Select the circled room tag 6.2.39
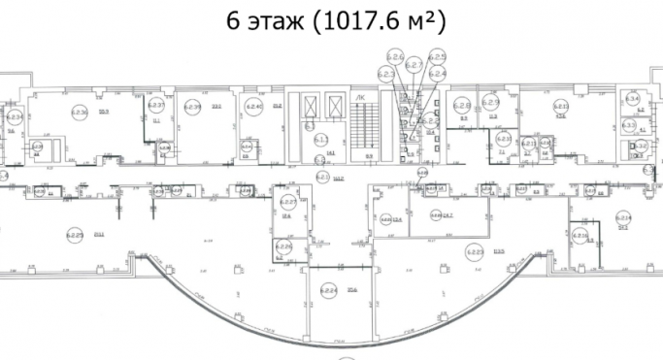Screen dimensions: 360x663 pyautogui.click(x=193, y=107)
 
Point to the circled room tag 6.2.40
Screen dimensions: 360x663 pyautogui.click(x=255, y=106)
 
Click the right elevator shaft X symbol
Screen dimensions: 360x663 pyautogui.click(x=336, y=105)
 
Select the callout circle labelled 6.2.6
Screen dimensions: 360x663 pyautogui.click(x=395, y=56)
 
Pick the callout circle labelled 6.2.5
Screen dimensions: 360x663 pyautogui.click(x=437, y=57)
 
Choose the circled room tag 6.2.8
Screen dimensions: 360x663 pyautogui.click(x=463, y=106)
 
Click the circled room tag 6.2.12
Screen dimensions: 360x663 pyautogui.click(x=560, y=107)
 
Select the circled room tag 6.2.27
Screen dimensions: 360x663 pyautogui.click(x=288, y=203)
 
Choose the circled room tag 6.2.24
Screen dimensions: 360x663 pyautogui.click(x=329, y=288)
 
